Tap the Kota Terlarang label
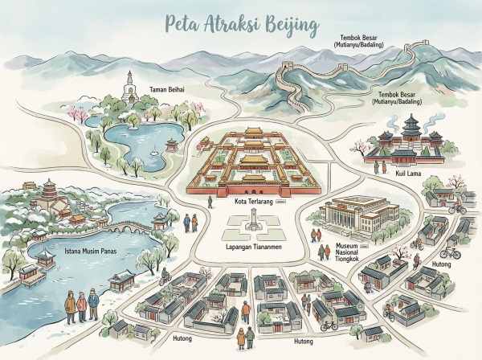[251, 202]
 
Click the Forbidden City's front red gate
[250, 186]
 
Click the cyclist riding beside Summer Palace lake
[165, 278]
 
